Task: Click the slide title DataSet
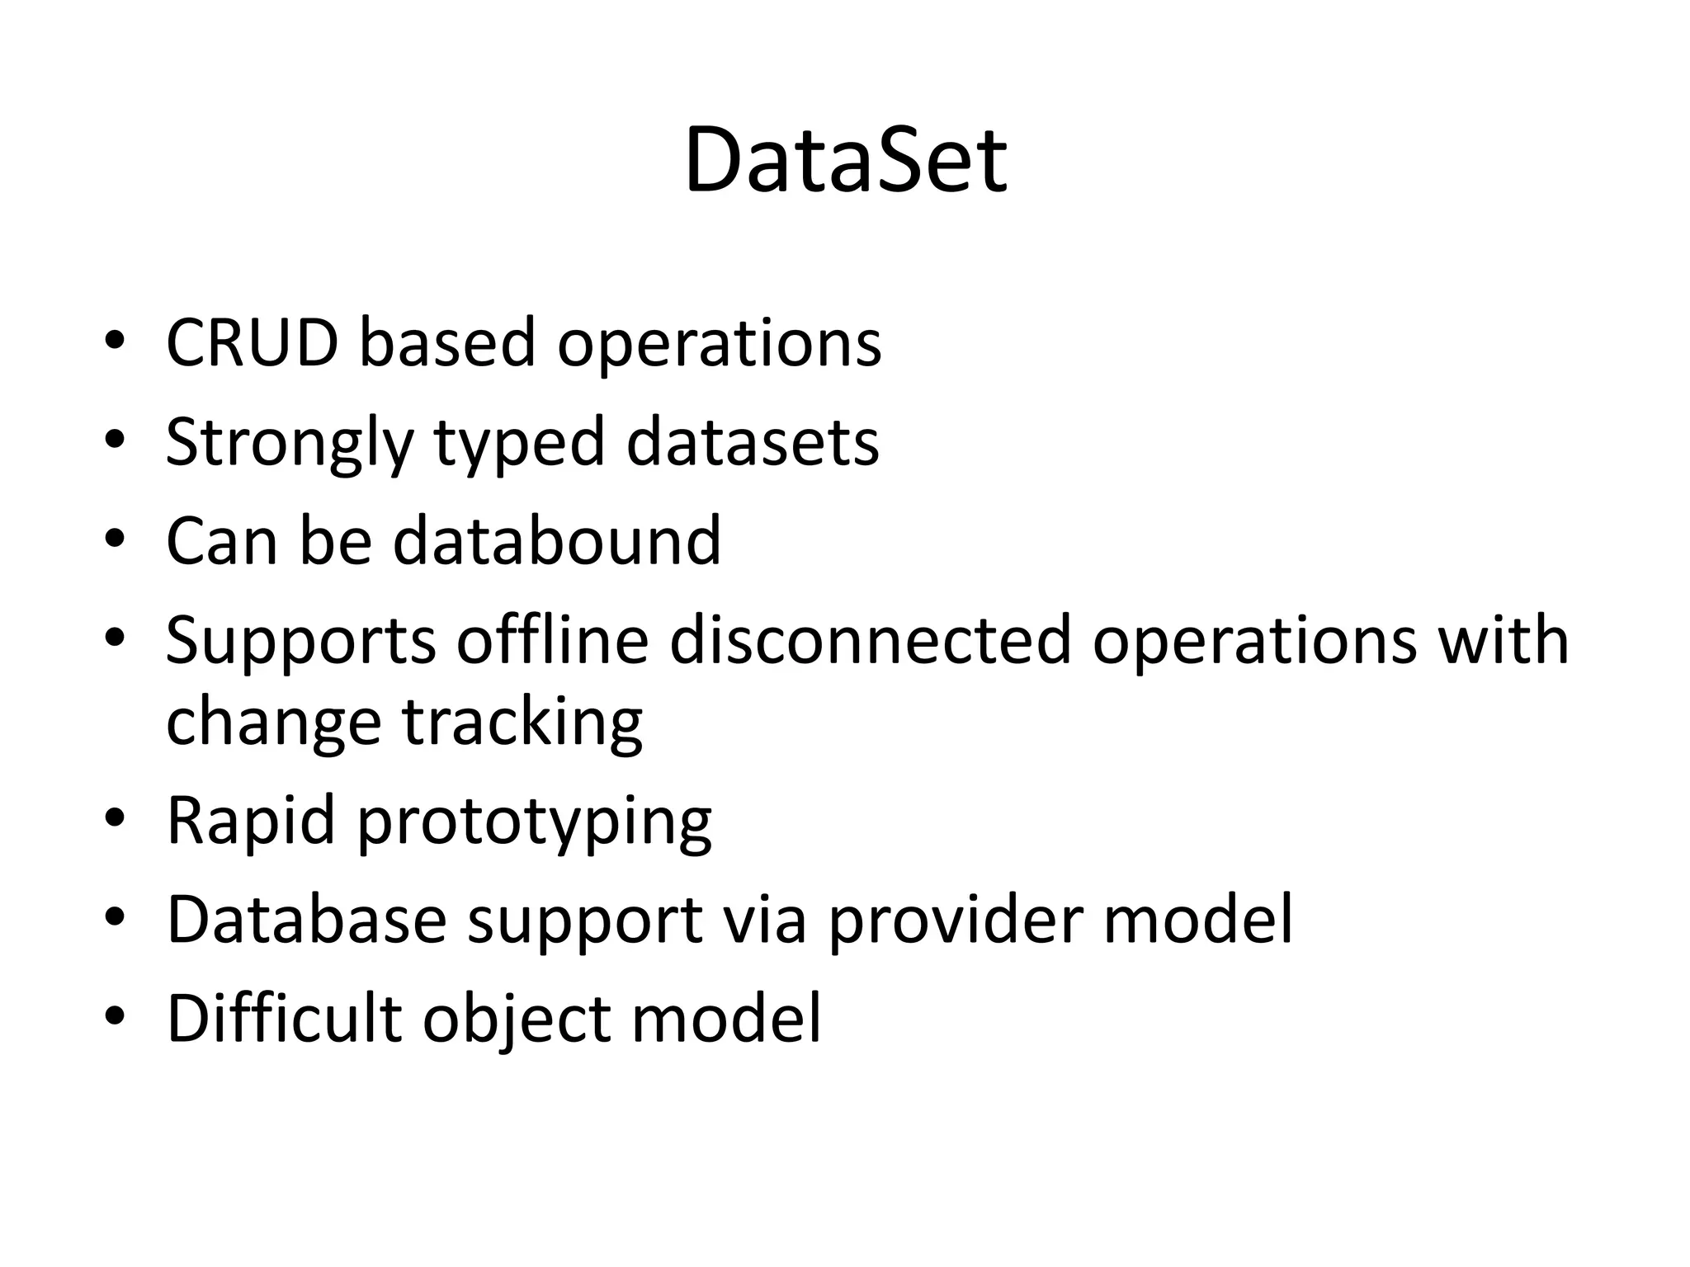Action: [x=845, y=161]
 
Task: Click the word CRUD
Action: [x=253, y=342]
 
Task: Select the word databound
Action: [x=557, y=540]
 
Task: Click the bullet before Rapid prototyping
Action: [x=115, y=818]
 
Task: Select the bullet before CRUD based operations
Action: [x=115, y=340]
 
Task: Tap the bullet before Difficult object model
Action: [x=115, y=1015]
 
